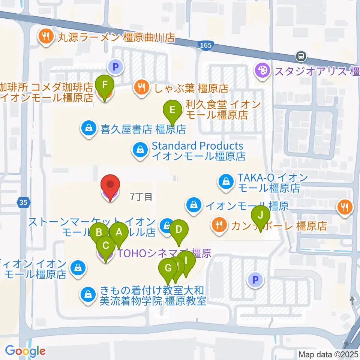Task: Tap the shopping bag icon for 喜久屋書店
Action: tap(89, 129)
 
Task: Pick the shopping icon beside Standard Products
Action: tap(140, 150)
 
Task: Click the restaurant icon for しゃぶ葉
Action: tap(141, 88)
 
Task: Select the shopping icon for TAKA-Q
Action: tap(226, 182)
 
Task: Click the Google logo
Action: tap(25, 351)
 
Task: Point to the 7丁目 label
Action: tap(141, 196)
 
